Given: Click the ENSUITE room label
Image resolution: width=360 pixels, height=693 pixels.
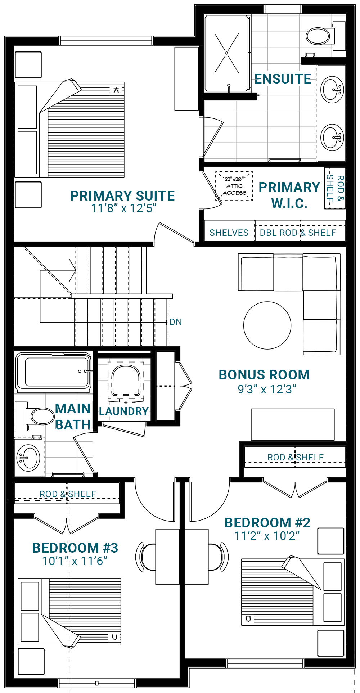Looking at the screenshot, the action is click(x=283, y=79).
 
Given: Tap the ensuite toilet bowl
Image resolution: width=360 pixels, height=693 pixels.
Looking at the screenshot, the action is click(x=318, y=36).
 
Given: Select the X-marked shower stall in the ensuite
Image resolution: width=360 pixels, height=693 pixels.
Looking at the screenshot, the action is click(x=226, y=53).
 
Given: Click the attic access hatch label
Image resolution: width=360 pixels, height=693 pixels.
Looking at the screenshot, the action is click(x=234, y=186).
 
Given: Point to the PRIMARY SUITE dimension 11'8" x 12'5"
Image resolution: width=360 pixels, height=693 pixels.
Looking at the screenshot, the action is click(x=123, y=208).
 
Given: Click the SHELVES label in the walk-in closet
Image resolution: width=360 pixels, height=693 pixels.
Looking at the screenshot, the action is click(x=229, y=233).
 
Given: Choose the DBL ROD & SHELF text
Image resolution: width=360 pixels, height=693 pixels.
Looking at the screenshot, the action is click(x=298, y=233).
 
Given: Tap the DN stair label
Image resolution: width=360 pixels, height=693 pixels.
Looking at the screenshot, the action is click(x=176, y=322).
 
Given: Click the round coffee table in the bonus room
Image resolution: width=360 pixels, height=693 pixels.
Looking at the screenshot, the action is click(x=267, y=325).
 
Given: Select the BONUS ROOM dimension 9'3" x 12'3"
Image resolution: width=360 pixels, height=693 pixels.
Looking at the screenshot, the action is click(x=267, y=390).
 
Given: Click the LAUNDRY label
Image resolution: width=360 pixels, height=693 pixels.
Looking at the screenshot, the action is click(x=124, y=411).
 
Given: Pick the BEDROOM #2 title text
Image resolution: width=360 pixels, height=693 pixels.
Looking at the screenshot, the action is click(x=267, y=523).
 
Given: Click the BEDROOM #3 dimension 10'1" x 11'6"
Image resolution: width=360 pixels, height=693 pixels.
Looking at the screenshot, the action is click(x=75, y=561).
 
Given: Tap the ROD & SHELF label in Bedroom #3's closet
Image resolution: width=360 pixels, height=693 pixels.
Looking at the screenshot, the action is click(x=68, y=494).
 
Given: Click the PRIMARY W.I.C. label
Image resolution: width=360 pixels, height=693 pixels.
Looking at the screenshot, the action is click(x=289, y=195).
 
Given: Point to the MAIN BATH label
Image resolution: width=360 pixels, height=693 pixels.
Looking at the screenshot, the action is click(x=73, y=417).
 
